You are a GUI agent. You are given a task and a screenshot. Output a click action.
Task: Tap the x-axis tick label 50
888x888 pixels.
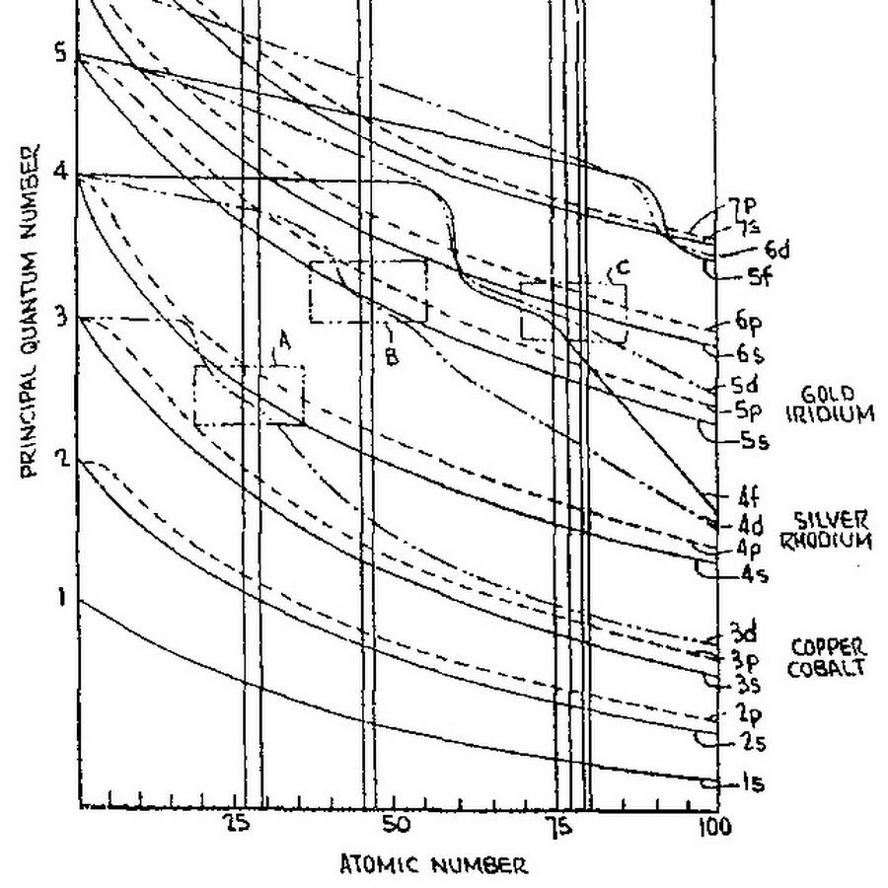(395, 827)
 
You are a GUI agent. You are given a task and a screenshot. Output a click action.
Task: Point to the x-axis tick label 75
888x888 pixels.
(558, 827)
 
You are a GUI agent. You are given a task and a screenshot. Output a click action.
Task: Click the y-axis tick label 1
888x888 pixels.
(61, 597)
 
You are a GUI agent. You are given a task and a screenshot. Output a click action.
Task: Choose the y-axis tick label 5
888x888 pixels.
(61, 52)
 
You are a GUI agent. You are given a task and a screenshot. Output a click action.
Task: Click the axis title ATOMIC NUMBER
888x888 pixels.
(434, 866)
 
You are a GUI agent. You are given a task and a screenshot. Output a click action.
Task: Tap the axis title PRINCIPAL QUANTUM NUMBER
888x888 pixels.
(30, 311)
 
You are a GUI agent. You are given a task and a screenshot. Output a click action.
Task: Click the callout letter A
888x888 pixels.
(284, 340)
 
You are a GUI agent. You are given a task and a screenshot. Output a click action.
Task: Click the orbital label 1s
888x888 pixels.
(753, 784)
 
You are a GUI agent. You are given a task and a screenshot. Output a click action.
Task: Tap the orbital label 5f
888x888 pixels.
(759, 277)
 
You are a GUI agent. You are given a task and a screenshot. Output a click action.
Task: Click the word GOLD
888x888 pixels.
(828, 394)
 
